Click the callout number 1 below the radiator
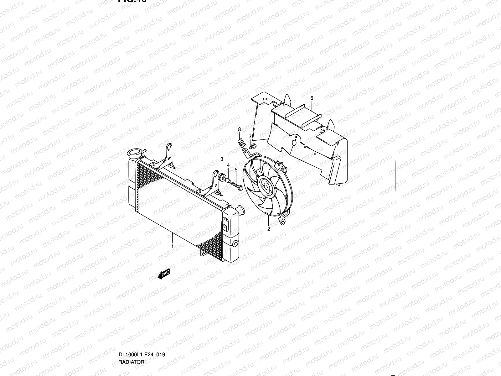[172, 247]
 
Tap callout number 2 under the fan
[269, 229]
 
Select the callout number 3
[222, 159]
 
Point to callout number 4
[228, 165]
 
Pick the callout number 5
[236, 170]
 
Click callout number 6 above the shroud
[312, 98]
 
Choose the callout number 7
[250, 136]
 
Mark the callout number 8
[239, 129]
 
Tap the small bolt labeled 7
[253, 145]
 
